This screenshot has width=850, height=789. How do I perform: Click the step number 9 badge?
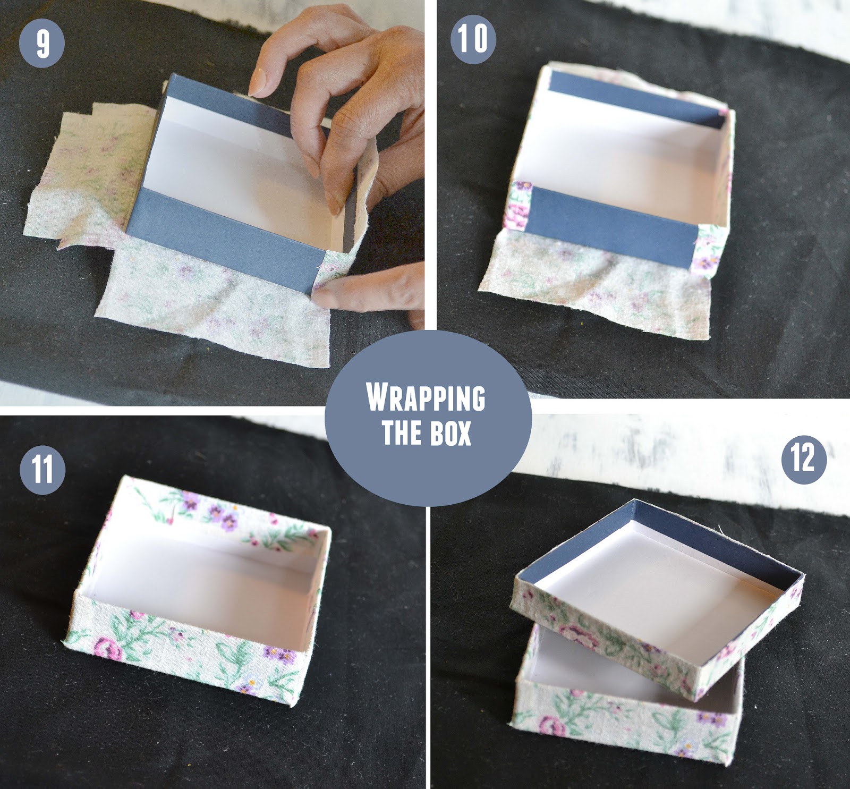(42, 44)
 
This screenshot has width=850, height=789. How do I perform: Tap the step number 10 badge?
(473, 39)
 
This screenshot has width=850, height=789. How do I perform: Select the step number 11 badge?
(42, 471)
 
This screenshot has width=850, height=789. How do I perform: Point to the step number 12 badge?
(803, 458)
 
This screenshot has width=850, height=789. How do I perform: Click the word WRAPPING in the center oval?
(426, 397)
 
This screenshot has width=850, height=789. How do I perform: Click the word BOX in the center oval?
(452, 433)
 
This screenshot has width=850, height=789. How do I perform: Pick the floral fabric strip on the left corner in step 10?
(520, 205)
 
